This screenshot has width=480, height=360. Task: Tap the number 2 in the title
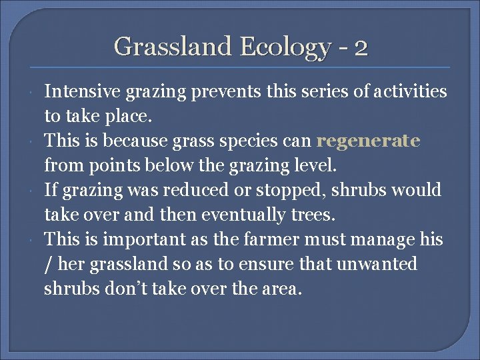click(361, 48)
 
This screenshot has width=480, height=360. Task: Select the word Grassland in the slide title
click(174, 47)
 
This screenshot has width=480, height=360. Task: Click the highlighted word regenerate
click(368, 141)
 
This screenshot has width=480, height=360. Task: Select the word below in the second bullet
click(157, 165)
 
